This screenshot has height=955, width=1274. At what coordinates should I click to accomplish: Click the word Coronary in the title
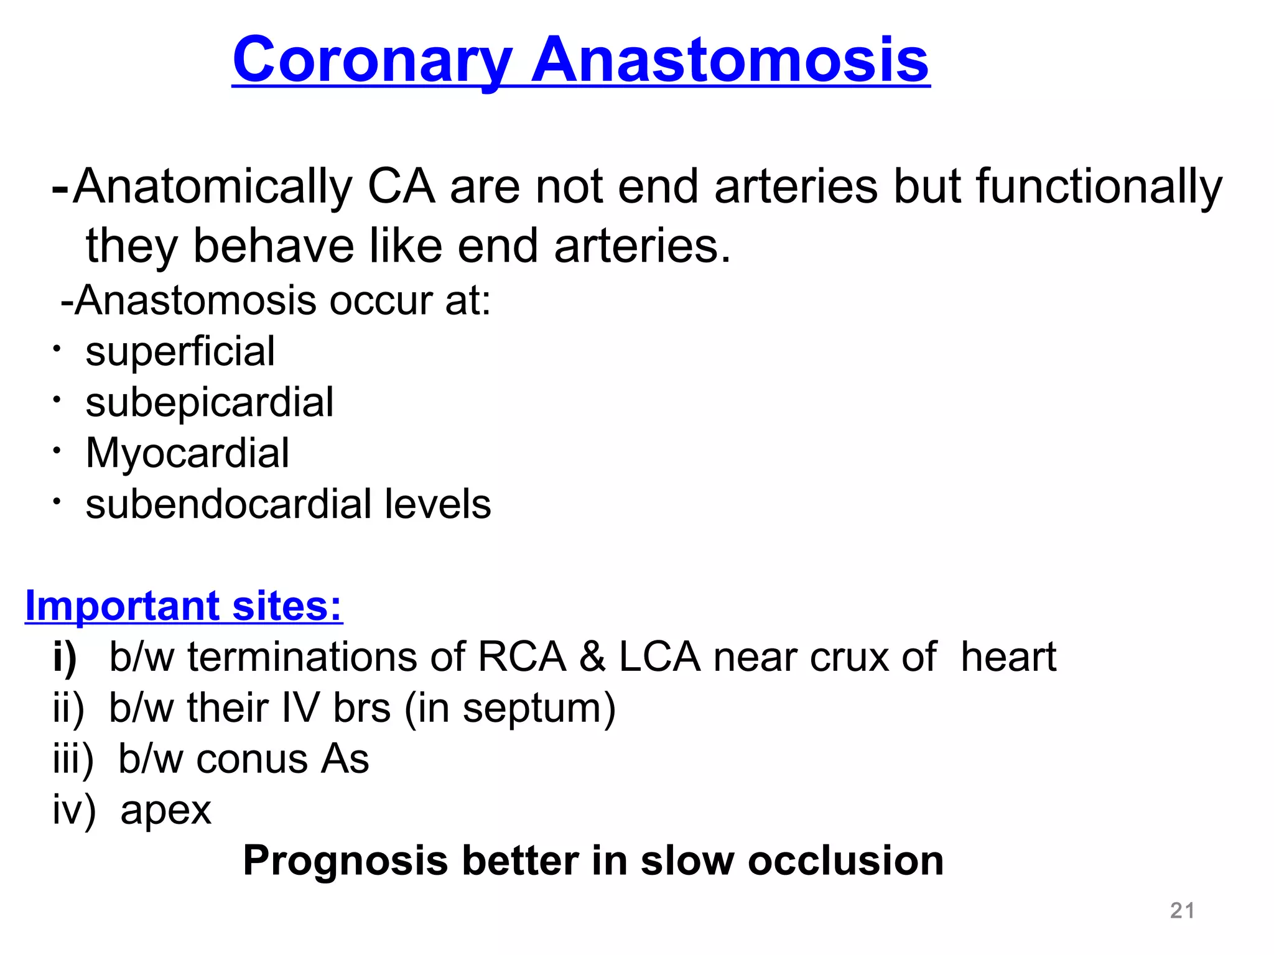click(x=372, y=60)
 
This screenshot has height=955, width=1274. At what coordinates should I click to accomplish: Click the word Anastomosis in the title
click(x=730, y=60)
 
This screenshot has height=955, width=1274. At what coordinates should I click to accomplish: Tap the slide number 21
click(x=1182, y=910)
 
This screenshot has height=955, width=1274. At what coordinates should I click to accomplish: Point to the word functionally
click(x=1099, y=187)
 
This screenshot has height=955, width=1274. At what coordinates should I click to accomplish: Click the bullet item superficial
click(x=180, y=352)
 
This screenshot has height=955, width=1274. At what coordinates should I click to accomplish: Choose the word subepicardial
click(x=210, y=403)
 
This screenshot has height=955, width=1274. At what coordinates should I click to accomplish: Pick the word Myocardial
click(x=187, y=453)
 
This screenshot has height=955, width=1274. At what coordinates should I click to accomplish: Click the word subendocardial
click(x=230, y=504)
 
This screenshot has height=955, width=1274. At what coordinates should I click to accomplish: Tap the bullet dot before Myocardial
click(x=56, y=450)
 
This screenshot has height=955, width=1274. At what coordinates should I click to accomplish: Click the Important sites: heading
click(x=184, y=606)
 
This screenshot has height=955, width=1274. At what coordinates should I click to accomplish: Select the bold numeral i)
click(x=65, y=658)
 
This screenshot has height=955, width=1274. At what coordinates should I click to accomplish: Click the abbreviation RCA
click(x=521, y=658)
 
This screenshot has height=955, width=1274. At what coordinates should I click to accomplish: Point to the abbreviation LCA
click(x=659, y=658)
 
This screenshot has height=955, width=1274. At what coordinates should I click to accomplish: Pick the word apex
click(x=165, y=811)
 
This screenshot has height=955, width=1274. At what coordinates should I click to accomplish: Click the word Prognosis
click(x=345, y=861)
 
